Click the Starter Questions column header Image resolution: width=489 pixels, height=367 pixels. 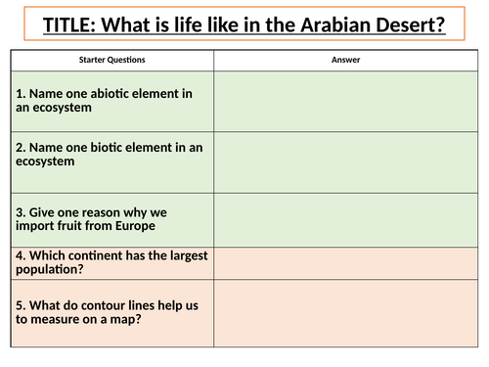click(x=111, y=60)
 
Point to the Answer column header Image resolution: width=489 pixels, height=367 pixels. click(x=346, y=60)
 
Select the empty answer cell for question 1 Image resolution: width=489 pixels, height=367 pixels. click(x=346, y=101)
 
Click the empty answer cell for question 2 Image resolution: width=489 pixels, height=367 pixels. click(x=346, y=161)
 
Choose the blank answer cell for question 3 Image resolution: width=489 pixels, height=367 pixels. click(x=346, y=219)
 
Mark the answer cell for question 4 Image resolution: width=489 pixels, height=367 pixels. click(x=346, y=262)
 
